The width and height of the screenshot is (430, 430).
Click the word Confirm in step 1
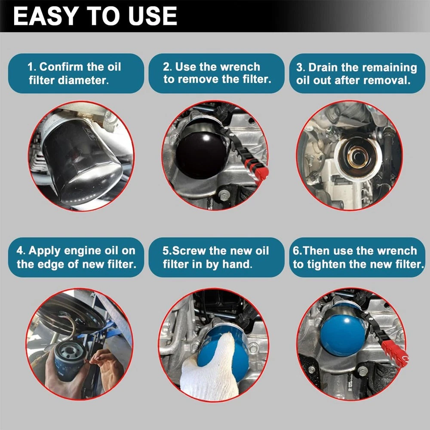(x=61, y=67)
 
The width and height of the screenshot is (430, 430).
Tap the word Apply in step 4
(x=44, y=251)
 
